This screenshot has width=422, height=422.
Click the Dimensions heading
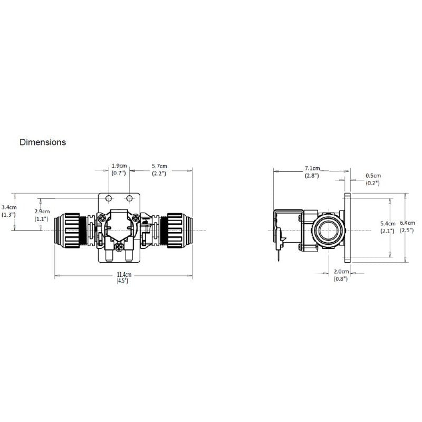point(43,142)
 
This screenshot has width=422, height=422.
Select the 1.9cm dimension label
point(118,166)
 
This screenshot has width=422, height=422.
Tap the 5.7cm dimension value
point(159,166)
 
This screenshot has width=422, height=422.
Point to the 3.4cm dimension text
point(9,207)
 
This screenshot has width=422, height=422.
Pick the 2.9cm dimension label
point(42,211)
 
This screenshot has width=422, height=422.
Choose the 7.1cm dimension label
point(312,168)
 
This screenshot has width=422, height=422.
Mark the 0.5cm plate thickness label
point(373,175)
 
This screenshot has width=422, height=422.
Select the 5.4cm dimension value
point(388,223)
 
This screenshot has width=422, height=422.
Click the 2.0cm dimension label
point(341,271)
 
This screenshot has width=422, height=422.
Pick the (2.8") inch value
point(312,176)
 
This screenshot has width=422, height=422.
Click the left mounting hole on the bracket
point(109,198)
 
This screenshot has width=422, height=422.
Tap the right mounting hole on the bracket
point(129,198)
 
